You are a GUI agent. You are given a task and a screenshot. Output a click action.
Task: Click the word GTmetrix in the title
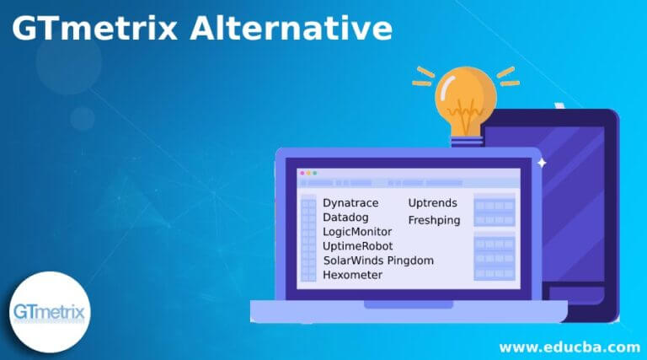click(95, 28)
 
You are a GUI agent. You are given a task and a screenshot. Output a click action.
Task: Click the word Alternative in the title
click(291, 28)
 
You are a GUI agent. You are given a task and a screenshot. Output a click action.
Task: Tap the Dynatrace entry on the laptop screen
click(350, 203)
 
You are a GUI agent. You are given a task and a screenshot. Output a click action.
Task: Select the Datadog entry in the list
click(345, 218)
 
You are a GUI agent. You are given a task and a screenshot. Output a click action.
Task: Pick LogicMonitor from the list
click(357, 232)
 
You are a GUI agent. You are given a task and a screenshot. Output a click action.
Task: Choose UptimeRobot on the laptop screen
click(358, 246)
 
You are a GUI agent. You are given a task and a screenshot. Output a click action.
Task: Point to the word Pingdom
click(410, 261)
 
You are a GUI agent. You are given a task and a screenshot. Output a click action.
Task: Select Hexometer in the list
click(352, 275)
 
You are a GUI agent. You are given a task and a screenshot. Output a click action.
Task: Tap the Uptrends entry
click(432, 203)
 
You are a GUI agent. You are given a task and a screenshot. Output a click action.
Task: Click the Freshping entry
click(434, 220)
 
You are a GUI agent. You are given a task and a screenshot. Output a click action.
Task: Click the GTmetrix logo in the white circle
click(50, 312)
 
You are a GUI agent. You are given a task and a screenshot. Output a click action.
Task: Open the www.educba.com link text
click(569, 347)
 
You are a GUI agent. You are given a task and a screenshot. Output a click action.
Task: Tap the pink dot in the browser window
click(302, 173)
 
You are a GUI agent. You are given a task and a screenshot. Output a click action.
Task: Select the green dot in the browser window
click(315, 173)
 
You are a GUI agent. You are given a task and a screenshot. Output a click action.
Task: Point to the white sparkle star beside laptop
click(542, 163)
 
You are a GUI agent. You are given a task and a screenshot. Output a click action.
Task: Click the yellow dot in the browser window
click(308, 173)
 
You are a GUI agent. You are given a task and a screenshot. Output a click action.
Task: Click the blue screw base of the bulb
click(467, 142)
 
